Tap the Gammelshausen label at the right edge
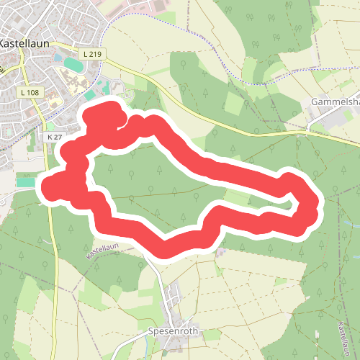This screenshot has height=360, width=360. coord(336,102)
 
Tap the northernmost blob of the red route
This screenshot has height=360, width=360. coord(104,115)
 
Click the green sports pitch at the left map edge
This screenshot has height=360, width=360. coord(24,183)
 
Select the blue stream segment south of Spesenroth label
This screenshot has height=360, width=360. coord(189,353)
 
